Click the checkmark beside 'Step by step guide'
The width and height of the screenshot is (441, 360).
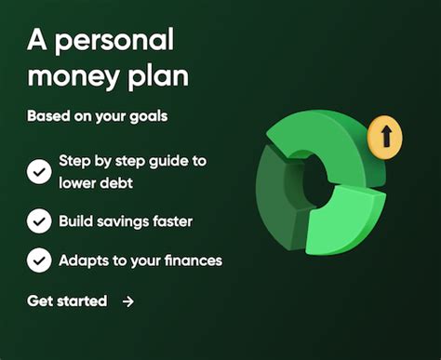(x=39, y=171)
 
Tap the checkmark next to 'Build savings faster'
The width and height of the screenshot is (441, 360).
(x=39, y=220)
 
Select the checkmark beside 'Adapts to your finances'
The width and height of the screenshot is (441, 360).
(x=39, y=260)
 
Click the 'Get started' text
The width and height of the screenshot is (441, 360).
(x=67, y=300)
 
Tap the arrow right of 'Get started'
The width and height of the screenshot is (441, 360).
(x=128, y=301)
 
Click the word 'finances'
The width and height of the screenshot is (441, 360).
(x=190, y=260)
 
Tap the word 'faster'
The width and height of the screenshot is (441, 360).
(x=174, y=221)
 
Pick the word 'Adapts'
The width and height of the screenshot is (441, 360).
(x=84, y=260)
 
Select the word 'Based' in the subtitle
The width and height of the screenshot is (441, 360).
(x=47, y=118)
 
